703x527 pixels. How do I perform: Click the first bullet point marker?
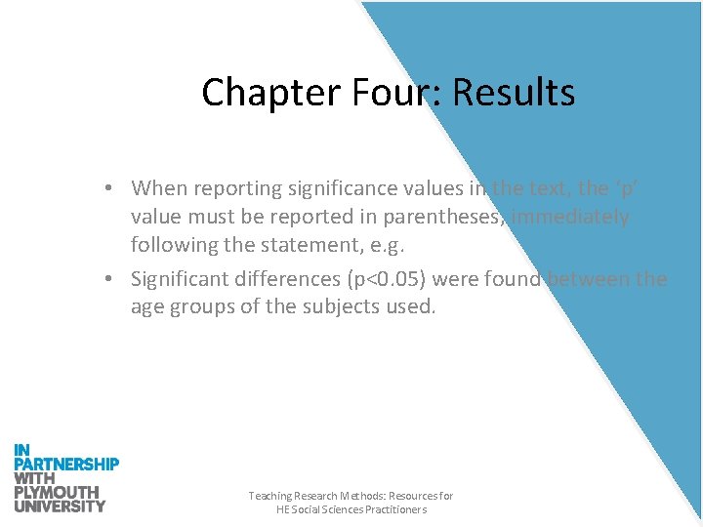[114, 187]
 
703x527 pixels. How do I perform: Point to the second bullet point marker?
[114, 279]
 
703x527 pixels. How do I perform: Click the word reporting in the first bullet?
[243, 187]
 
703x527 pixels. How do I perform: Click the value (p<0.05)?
[386, 279]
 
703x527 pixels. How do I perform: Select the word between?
[587, 279]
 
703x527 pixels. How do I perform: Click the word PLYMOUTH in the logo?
[57, 492]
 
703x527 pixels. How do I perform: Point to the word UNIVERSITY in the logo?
[60, 506]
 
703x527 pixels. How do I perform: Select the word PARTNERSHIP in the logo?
[66, 465]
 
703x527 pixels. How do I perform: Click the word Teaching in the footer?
[270, 496]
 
